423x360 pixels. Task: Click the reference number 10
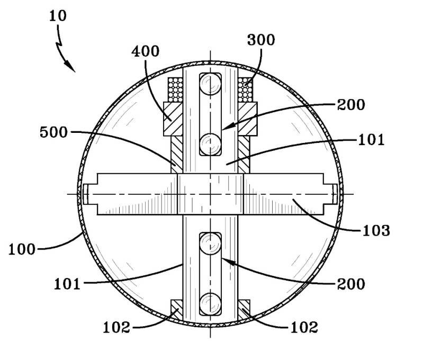(58, 16)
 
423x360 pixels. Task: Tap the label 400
(146, 51)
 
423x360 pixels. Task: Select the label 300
(261, 40)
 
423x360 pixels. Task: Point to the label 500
(53, 132)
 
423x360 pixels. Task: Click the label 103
(376, 231)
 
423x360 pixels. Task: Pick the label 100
(22, 249)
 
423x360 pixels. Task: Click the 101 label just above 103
(371, 140)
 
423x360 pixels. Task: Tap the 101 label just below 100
(67, 284)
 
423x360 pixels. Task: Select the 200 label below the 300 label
(351, 105)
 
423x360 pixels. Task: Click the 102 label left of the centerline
(116, 328)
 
